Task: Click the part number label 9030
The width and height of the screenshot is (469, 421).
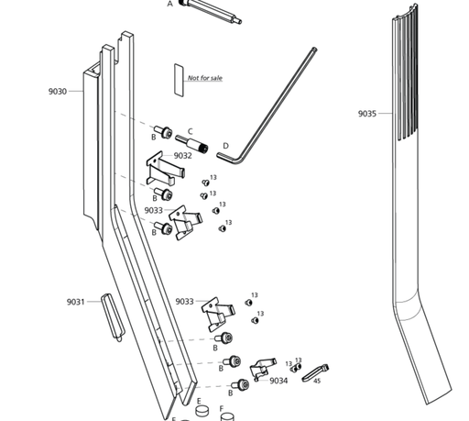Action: point(58,92)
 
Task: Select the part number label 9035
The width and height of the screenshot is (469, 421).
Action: point(367,114)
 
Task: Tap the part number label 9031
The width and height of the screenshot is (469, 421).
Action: point(75,302)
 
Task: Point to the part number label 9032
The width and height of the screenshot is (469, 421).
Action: point(183,156)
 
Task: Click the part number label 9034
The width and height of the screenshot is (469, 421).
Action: point(278,381)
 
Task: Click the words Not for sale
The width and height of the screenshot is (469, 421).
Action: point(205,78)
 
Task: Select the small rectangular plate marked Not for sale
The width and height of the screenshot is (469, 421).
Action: point(179,81)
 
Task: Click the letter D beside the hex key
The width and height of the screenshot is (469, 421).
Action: point(225,146)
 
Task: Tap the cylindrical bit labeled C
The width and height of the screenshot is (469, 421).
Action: point(192,144)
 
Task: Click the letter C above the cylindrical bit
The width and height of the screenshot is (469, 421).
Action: point(191,132)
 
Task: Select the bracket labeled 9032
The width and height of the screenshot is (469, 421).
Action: point(165,169)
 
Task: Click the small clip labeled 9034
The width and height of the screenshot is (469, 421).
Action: point(262,369)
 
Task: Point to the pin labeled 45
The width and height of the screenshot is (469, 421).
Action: point(315,372)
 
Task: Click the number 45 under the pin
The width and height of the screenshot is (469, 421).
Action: point(317,382)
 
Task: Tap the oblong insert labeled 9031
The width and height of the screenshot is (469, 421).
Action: point(113,317)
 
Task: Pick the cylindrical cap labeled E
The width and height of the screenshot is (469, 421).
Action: point(202,410)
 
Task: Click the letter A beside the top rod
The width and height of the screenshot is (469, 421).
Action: point(170,4)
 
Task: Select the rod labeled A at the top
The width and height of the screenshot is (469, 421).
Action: point(211,11)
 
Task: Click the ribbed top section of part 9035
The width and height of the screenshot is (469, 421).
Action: point(406,73)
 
